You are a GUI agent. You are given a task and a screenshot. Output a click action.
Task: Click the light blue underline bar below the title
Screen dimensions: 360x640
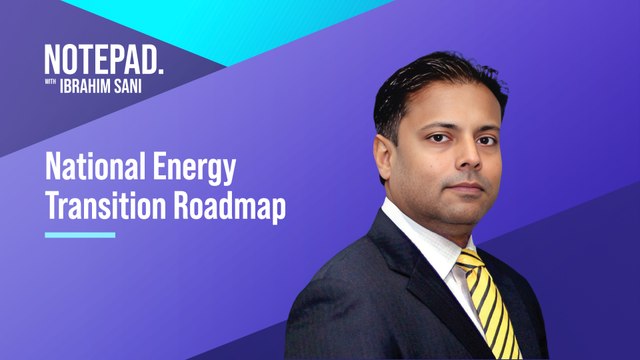pyautogui.click(x=80, y=235)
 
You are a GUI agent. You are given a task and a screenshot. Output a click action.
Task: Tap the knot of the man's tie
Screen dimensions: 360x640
pyautogui.click(x=470, y=262)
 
